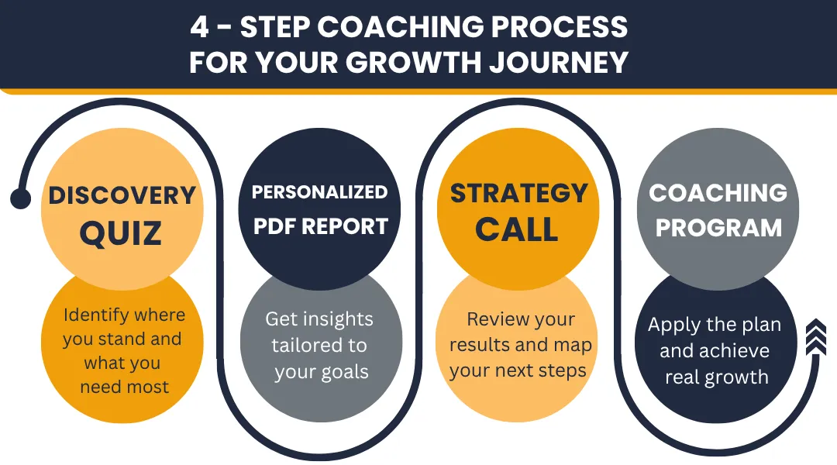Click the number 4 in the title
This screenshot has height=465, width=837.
coord(199,26)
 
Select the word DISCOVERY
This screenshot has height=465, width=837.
coord(122,195)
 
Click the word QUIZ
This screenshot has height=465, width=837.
coord(121,232)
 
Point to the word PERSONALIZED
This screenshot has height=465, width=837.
coord(320,192)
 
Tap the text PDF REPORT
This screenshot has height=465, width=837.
coord(320,226)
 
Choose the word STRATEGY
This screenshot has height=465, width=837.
coord(518,193)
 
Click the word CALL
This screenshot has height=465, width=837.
coord(517,230)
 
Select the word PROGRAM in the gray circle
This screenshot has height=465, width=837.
coord(718,228)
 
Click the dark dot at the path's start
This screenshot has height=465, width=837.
coord(21,198)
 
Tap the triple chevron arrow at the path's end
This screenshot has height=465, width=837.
coord(815,337)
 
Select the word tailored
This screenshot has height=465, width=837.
coord(303,345)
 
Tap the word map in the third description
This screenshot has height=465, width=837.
coord(573,346)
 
